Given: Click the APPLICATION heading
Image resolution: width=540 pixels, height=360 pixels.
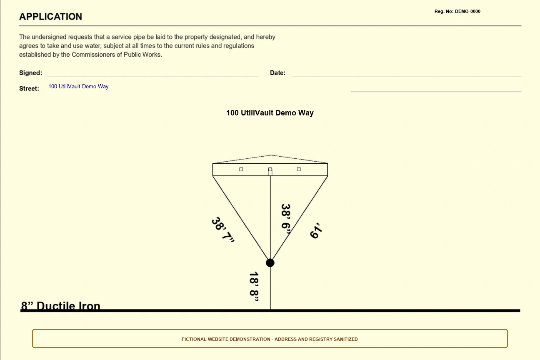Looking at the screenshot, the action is (51, 17).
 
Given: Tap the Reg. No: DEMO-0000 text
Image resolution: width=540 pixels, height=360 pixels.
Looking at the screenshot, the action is (457, 11).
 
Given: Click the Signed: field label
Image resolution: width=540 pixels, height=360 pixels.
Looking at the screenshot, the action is (30, 73).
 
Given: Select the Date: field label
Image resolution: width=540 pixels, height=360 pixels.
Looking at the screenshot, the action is (277, 73).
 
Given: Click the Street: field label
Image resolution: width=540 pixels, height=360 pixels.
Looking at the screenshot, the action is (29, 88).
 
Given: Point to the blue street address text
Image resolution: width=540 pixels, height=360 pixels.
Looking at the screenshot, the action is (78, 86).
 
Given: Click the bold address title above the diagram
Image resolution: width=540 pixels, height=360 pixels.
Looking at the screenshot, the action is (270, 113).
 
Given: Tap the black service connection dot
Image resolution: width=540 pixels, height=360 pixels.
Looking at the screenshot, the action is (270, 263).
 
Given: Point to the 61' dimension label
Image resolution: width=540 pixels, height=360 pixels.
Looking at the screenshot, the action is (316, 230).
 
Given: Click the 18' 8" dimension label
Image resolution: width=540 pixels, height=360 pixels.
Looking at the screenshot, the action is (254, 287).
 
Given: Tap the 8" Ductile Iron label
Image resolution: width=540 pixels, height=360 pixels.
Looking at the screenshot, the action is (60, 305).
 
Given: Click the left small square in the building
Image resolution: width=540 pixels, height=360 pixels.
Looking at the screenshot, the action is (241, 169).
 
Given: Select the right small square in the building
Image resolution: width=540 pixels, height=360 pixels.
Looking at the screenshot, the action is (299, 169).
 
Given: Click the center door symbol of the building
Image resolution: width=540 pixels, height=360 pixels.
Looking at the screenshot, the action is (270, 171).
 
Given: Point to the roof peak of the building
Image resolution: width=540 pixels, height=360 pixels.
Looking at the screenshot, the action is (270, 155).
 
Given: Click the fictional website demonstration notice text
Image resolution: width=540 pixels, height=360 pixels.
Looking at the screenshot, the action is (270, 339).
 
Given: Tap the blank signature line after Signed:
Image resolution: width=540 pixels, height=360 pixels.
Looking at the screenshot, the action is (152, 76).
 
